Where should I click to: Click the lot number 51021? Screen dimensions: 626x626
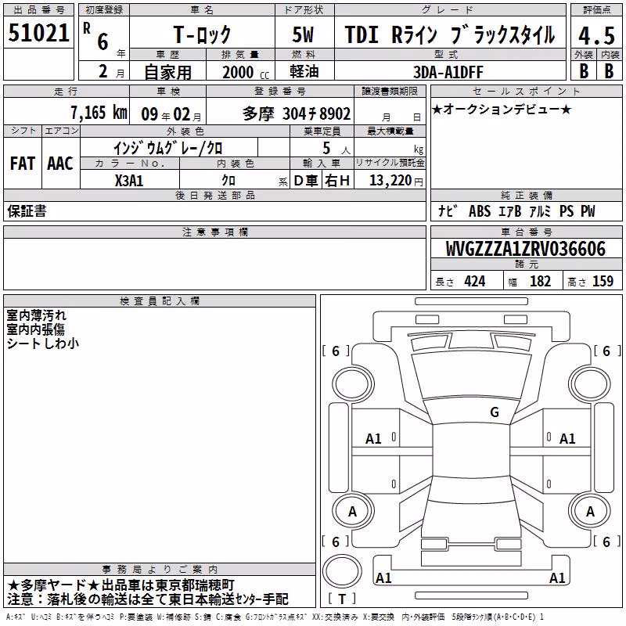point(38,33)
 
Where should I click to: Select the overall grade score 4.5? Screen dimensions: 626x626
point(597,36)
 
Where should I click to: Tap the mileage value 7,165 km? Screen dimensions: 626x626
point(99,113)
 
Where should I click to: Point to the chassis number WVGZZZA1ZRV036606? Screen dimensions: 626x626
point(525,249)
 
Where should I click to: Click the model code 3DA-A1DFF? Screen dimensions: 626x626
point(448,72)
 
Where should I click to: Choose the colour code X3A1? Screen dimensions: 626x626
point(129,181)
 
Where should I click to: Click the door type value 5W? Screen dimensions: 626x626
point(303,34)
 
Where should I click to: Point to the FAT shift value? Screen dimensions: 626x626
point(23,164)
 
